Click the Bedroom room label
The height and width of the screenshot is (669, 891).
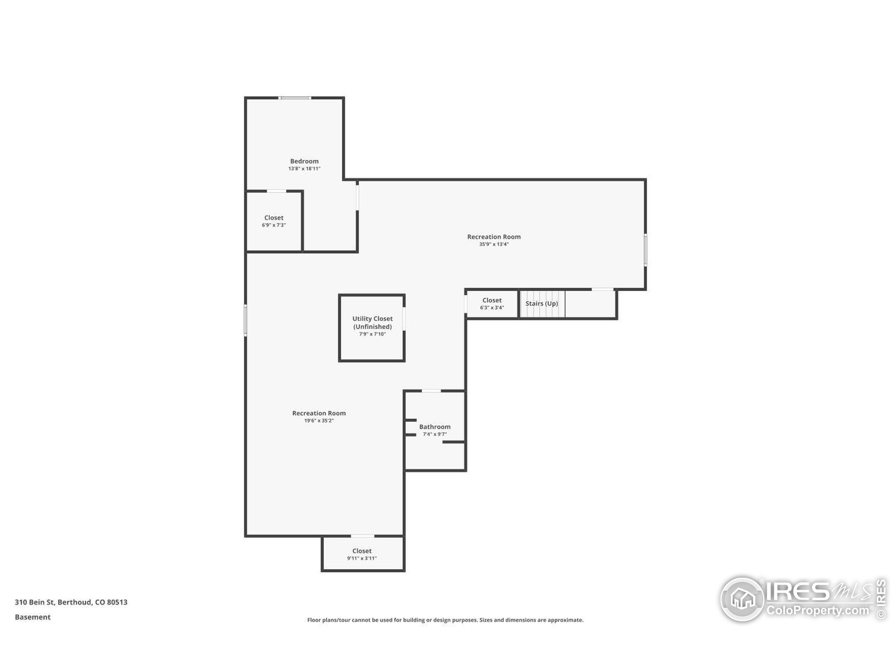tap(304, 161)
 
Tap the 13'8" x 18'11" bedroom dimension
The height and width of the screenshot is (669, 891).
tap(304, 169)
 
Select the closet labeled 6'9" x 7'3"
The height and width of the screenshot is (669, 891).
tap(274, 221)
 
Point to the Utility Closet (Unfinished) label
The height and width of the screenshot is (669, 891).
tap(372, 323)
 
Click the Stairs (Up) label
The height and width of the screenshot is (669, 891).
tap(541, 303)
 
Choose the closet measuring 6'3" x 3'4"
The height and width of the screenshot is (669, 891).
tap(492, 303)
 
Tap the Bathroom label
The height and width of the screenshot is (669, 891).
tap(435, 426)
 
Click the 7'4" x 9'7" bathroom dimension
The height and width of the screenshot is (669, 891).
tap(435, 434)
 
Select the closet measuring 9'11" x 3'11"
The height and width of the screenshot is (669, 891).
tap(362, 554)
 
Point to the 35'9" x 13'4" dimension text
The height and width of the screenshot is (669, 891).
tap(494, 244)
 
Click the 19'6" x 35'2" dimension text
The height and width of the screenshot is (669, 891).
tap(318, 421)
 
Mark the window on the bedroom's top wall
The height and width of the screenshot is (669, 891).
tap(295, 98)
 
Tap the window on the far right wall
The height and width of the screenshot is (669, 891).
tap(645, 250)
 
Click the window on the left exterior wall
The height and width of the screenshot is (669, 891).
tap(245, 320)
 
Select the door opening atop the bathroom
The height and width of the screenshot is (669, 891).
tap(431, 391)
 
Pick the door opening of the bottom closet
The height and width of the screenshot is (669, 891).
tap(363, 536)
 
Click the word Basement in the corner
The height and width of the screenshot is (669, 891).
tap(33, 617)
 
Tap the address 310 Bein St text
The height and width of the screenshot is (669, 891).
tap(71, 602)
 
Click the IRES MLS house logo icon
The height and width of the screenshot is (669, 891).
tap(742, 599)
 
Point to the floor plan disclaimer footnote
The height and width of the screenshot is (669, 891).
tap(445, 620)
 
